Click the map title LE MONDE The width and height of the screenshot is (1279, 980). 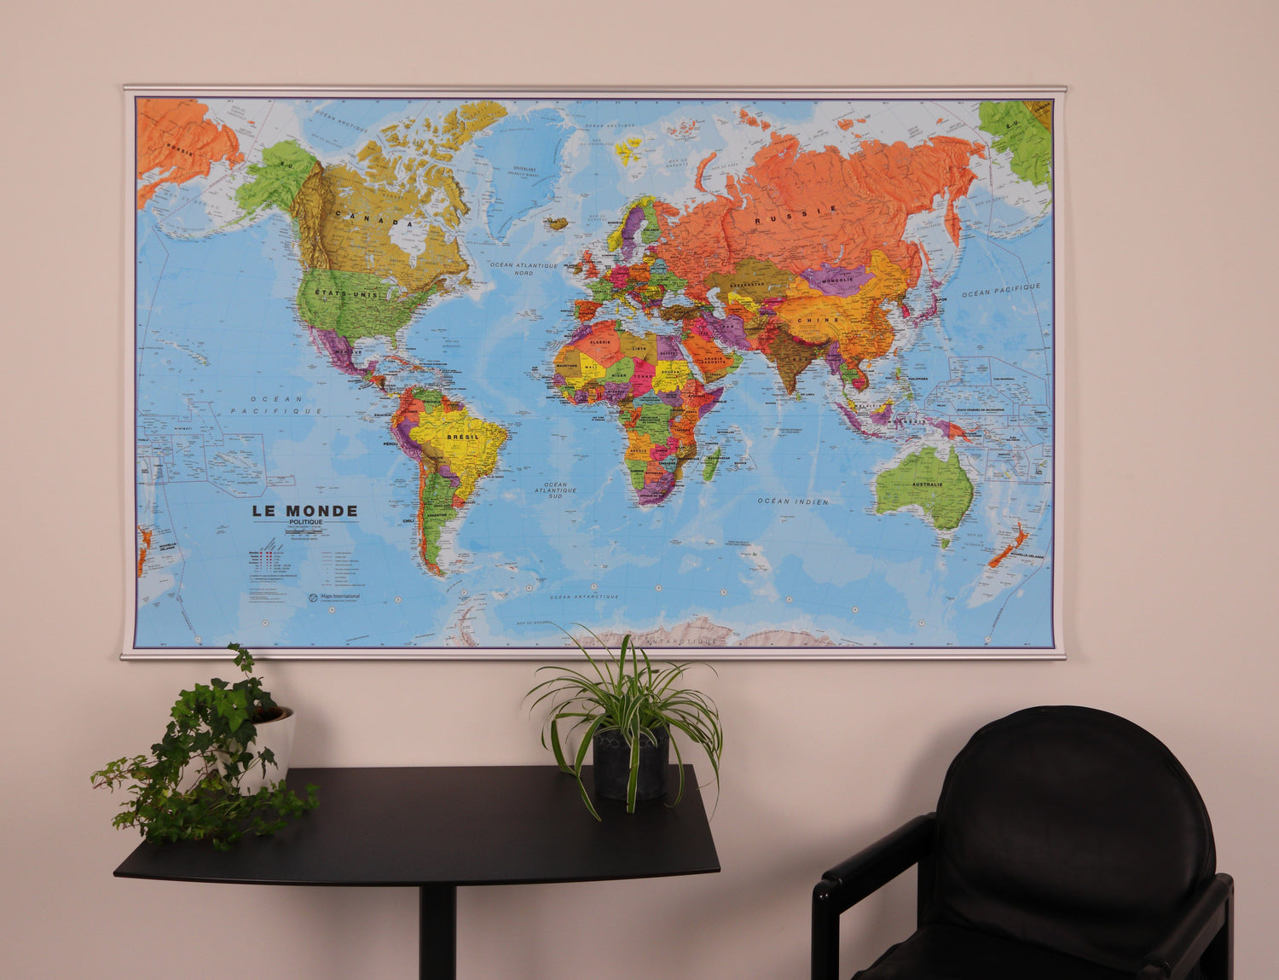coord(304,511)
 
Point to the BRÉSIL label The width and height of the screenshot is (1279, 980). coord(461,437)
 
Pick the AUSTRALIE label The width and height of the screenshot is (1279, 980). coord(928,484)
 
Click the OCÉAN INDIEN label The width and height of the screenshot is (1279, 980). coord(793,502)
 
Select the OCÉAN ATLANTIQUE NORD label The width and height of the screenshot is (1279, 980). coord(524,269)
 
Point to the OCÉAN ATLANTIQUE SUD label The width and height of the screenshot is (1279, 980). coord(555,490)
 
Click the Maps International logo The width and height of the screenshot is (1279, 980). coord(334,596)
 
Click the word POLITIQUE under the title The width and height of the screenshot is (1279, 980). coord(304,522)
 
